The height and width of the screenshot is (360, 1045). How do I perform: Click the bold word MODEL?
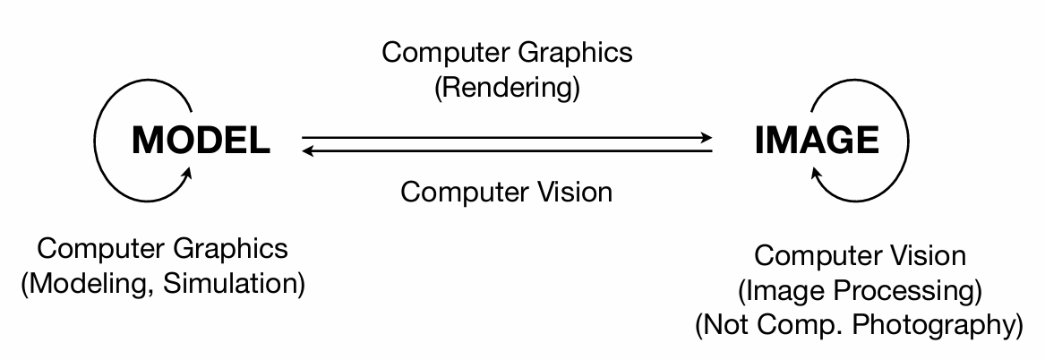pyautogui.click(x=201, y=141)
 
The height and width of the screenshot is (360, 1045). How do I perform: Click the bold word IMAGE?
pyautogui.click(x=818, y=141)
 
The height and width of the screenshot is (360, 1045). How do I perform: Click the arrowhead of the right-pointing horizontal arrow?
pyautogui.click(x=707, y=138)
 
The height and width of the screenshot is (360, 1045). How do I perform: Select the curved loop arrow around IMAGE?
pyautogui.click(x=900, y=134)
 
